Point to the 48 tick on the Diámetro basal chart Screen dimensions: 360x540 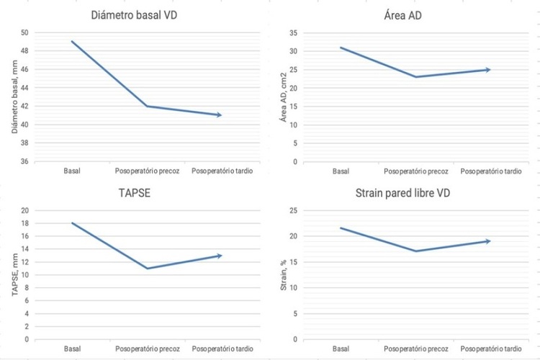click(24, 51)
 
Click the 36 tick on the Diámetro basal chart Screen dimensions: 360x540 click(24, 161)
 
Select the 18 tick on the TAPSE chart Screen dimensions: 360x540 click(24, 224)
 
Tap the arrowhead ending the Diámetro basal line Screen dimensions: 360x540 click(219, 115)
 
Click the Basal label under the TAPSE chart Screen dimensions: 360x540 click(72, 349)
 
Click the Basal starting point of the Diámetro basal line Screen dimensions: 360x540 click(72, 42)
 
